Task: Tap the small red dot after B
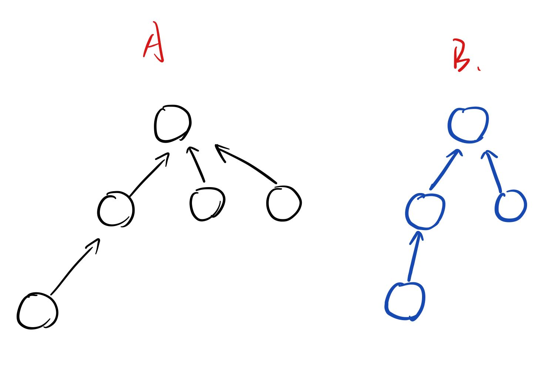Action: pyautogui.click(x=479, y=68)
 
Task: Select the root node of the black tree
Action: pyautogui.click(x=172, y=124)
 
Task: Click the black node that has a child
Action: pyautogui.click(x=115, y=209)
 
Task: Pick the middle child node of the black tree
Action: pyautogui.click(x=207, y=204)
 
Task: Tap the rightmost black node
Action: pyautogui.click(x=284, y=204)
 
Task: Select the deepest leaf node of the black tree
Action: pyautogui.click(x=37, y=311)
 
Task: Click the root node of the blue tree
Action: pyautogui.click(x=468, y=125)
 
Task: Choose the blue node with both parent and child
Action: pyautogui.click(x=425, y=211)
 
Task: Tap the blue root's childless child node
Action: pyautogui.click(x=510, y=206)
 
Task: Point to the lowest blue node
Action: pyautogui.click(x=405, y=301)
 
